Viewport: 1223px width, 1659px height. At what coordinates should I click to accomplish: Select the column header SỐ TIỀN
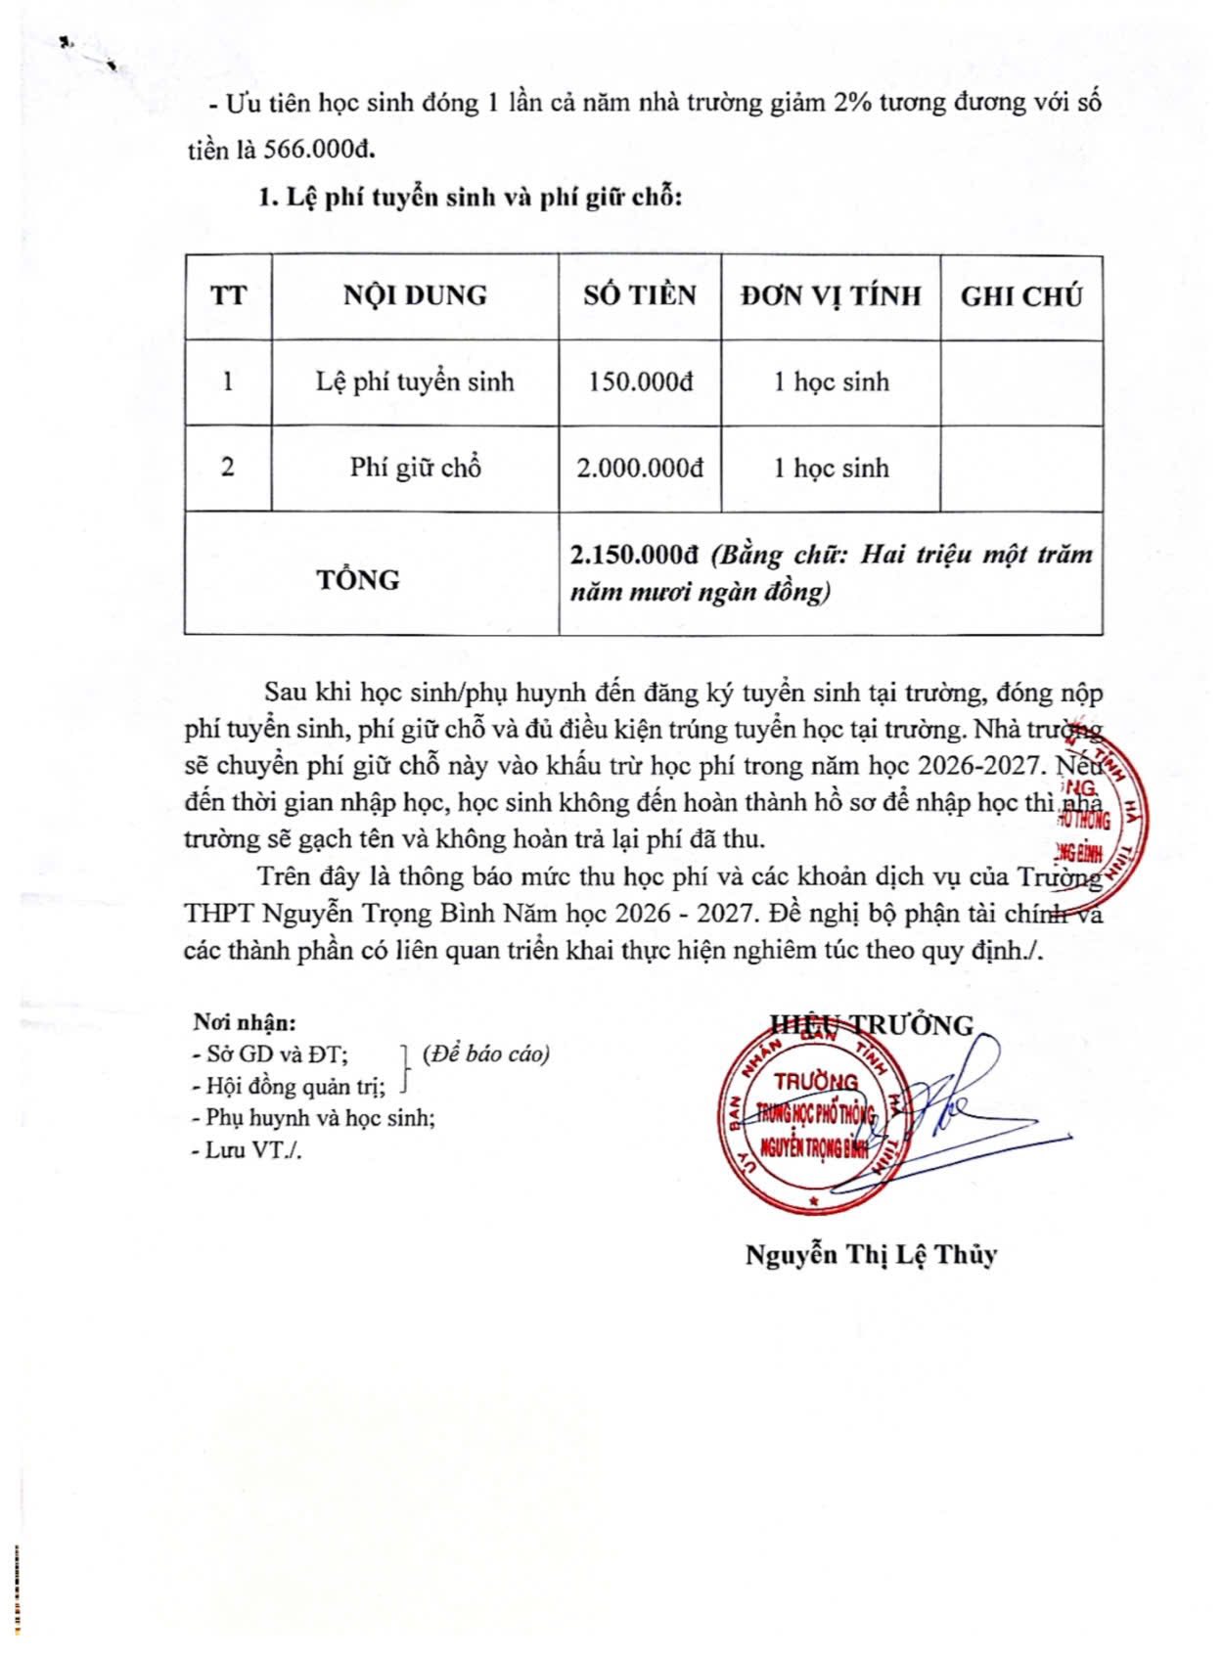(640, 295)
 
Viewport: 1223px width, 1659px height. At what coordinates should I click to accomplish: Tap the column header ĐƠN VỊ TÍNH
(831, 295)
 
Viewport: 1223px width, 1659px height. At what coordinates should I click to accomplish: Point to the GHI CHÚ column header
(1021, 296)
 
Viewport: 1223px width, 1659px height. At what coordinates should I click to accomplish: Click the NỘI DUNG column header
(415, 295)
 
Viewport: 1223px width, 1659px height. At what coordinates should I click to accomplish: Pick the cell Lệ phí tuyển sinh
(415, 381)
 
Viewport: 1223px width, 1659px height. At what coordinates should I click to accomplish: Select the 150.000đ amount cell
(640, 381)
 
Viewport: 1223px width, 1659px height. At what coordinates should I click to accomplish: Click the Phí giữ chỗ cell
(415, 468)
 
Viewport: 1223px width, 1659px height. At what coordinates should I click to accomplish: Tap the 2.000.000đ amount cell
(640, 468)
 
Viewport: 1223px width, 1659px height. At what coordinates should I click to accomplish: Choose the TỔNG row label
(358, 579)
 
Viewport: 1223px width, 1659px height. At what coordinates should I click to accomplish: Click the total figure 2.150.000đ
(634, 556)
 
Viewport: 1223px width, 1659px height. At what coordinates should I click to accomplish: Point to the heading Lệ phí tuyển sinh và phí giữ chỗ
(470, 198)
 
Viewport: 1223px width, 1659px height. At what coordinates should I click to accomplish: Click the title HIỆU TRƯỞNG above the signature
(872, 1024)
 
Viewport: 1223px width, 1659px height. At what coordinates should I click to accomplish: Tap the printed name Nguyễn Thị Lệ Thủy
(871, 1255)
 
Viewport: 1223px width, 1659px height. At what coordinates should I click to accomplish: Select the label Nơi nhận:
(245, 1023)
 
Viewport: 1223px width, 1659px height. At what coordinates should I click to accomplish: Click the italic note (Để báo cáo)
(486, 1054)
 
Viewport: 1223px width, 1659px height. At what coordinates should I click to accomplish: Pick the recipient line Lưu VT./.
(249, 1149)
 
